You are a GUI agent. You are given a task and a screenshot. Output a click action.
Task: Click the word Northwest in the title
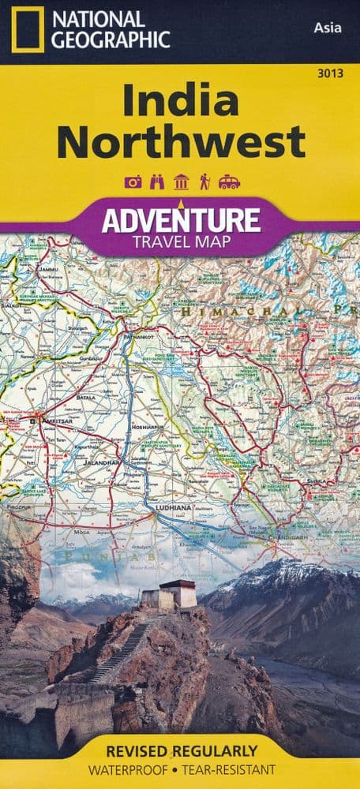click(180, 142)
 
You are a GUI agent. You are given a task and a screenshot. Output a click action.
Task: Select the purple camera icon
click(132, 182)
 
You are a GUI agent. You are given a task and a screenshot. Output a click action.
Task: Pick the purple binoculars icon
click(156, 182)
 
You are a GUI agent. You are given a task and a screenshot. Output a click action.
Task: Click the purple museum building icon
click(180, 182)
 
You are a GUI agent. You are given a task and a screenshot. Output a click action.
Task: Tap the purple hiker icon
click(204, 182)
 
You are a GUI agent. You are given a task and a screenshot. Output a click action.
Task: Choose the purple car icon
click(229, 182)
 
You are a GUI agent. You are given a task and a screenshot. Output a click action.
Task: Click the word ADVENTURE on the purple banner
click(180, 219)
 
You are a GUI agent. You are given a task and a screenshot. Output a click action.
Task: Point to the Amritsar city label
click(52, 423)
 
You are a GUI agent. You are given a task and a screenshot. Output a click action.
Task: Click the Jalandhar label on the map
click(103, 462)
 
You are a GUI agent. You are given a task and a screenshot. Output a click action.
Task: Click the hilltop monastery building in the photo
click(176, 594)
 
